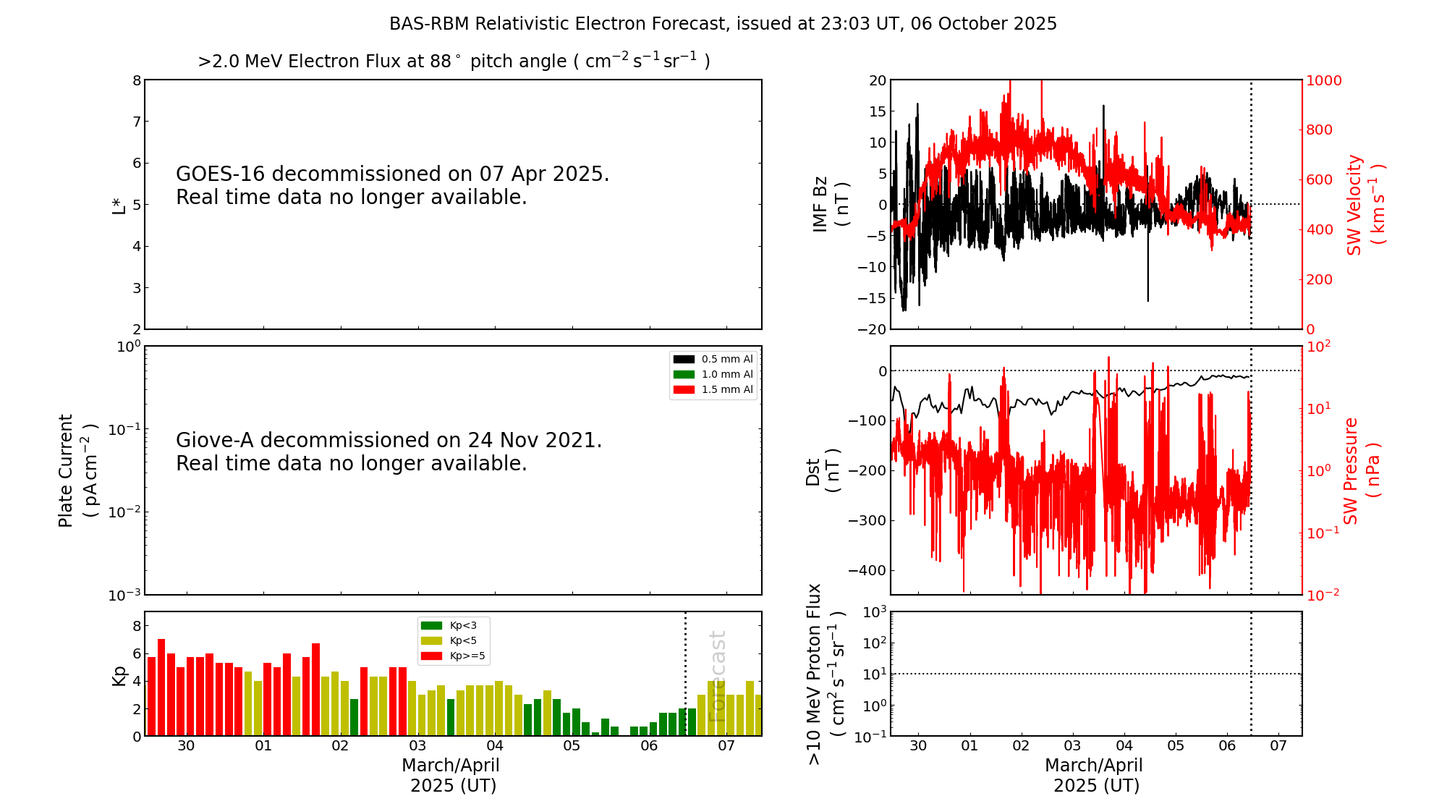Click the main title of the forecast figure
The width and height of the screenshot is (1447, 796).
point(723,24)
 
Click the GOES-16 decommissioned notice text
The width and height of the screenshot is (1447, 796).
point(392,185)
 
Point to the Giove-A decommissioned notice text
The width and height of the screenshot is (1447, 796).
point(389,452)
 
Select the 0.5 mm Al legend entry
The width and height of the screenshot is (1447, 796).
point(713,359)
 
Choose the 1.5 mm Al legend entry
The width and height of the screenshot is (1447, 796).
point(713,389)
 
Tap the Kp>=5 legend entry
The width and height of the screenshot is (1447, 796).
point(453,656)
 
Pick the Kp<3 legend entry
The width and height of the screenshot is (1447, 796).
point(453,625)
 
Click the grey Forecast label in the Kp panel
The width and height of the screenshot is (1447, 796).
point(716,676)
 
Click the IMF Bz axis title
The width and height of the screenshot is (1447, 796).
point(831,204)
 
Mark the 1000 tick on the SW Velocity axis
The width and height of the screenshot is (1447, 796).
point(1323,80)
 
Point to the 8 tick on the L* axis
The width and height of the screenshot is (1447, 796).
point(137,80)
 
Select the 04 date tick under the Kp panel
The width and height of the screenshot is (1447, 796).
point(495,745)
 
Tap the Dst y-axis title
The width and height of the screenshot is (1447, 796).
point(823,471)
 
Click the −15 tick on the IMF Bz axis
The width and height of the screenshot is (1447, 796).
point(872,298)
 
